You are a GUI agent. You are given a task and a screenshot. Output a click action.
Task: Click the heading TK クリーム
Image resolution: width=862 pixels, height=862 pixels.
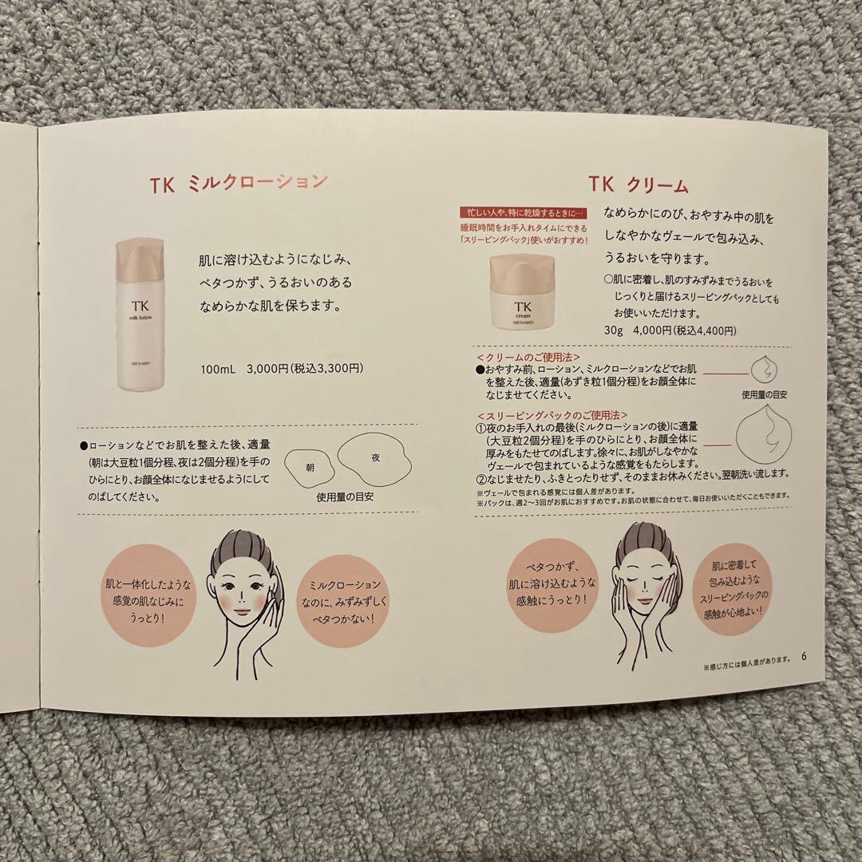[639, 185]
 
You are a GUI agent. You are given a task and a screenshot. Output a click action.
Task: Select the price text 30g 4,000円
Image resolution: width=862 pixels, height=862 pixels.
[662, 330]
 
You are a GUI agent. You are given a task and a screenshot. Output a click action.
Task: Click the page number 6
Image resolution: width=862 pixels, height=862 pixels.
[805, 658]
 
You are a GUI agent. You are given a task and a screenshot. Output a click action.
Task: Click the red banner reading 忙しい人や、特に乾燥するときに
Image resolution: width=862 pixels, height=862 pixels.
[523, 213]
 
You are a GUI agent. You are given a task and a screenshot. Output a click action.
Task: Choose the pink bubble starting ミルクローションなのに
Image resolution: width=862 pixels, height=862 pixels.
[339, 596]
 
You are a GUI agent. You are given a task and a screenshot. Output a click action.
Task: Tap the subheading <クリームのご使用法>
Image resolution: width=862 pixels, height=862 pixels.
[528, 357]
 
